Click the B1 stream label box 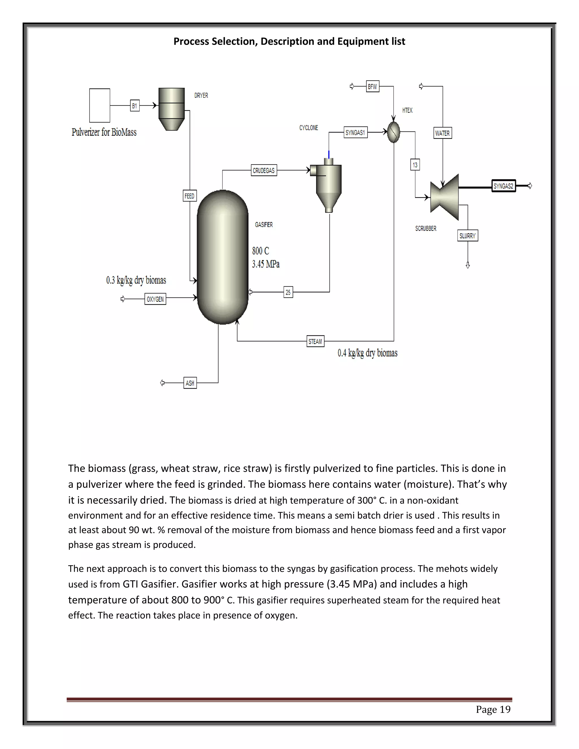click(135, 106)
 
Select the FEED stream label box click(190, 196)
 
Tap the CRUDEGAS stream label click(264, 170)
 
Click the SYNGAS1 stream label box click(355, 132)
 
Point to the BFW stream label click(373, 86)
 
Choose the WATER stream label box click(442, 133)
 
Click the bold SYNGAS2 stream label click(504, 186)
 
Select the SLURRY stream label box click(468, 236)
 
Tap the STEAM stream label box click(315, 341)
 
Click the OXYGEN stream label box click(155, 299)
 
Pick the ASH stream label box click(190, 383)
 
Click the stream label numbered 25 click(288, 292)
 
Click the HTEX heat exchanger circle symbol click(394, 132)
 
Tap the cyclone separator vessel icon click(328, 185)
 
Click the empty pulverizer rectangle click(100, 105)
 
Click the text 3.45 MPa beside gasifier click(266, 264)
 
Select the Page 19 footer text click(493, 709)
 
